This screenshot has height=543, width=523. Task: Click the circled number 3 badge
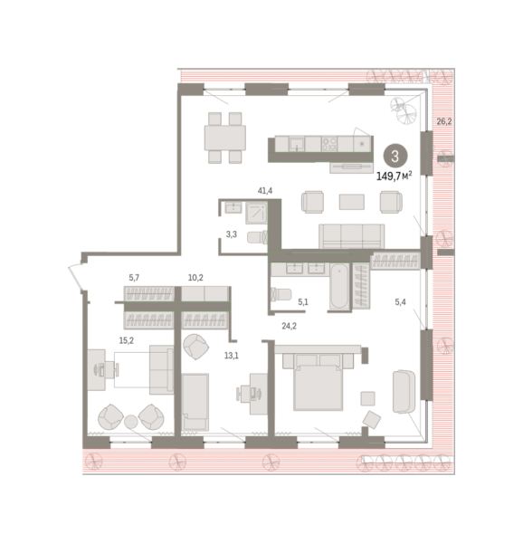[395, 157]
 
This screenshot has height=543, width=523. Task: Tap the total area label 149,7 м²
[394, 176]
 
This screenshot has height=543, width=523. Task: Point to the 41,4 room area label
[265, 190]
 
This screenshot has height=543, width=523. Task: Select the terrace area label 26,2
[443, 121]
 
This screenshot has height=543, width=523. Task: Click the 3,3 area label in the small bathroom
[232, 234]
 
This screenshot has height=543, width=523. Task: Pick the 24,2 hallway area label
[289, 326]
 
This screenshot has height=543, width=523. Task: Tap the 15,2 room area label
[127, 341]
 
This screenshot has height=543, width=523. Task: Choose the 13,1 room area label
[232, 356]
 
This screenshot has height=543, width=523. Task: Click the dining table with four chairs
[225, 138]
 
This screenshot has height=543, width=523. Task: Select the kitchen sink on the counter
[297, 144]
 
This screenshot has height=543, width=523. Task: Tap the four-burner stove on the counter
[328, 144]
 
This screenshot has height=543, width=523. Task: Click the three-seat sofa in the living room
[351, 236]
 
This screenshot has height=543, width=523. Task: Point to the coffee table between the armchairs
[352, 202]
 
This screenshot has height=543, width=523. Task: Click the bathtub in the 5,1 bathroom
[338, 286]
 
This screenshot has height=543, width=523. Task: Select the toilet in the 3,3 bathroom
[257, 237]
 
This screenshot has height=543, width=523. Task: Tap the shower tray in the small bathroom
[256, 214]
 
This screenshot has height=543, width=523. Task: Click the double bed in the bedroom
[318, 383]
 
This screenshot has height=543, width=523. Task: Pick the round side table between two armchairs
[131, 422]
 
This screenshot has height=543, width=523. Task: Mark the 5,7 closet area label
[134, 278]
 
